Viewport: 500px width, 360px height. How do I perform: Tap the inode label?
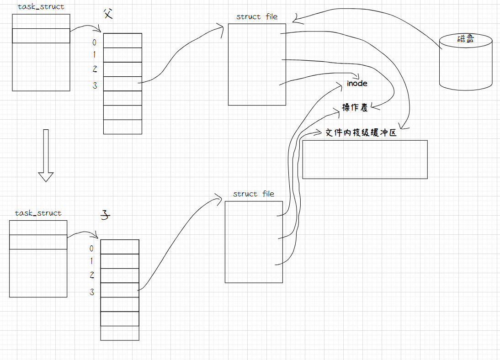point(357,84)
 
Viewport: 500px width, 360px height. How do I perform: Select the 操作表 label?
point(355,108)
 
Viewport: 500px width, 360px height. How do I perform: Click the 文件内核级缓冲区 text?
point(360,133)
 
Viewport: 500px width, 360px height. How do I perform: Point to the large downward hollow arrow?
point(46,155)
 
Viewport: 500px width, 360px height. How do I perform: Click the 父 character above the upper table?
point(107,14)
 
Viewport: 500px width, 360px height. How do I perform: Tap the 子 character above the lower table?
point(105,216)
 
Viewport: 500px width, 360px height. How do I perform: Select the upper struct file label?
point(257,17)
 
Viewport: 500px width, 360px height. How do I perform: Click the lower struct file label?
point(254,194)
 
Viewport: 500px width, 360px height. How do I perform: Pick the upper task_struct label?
point(41,7)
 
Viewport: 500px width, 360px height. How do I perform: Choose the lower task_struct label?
point(38,213)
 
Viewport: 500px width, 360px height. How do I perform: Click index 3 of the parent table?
point(95,85)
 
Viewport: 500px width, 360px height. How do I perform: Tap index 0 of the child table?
point(91,249)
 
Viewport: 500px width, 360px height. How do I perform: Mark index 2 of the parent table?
point(95,69)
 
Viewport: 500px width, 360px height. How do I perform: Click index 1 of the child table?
point(91,261)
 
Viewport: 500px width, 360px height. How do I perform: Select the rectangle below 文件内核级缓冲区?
point(365,159)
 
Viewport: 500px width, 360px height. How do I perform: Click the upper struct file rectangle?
point(257,64)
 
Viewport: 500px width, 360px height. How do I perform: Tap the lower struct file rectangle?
point(254,242)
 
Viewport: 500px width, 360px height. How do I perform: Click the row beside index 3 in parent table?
point(122,84)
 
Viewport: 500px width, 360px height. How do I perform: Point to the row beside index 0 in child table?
point(119,247)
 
